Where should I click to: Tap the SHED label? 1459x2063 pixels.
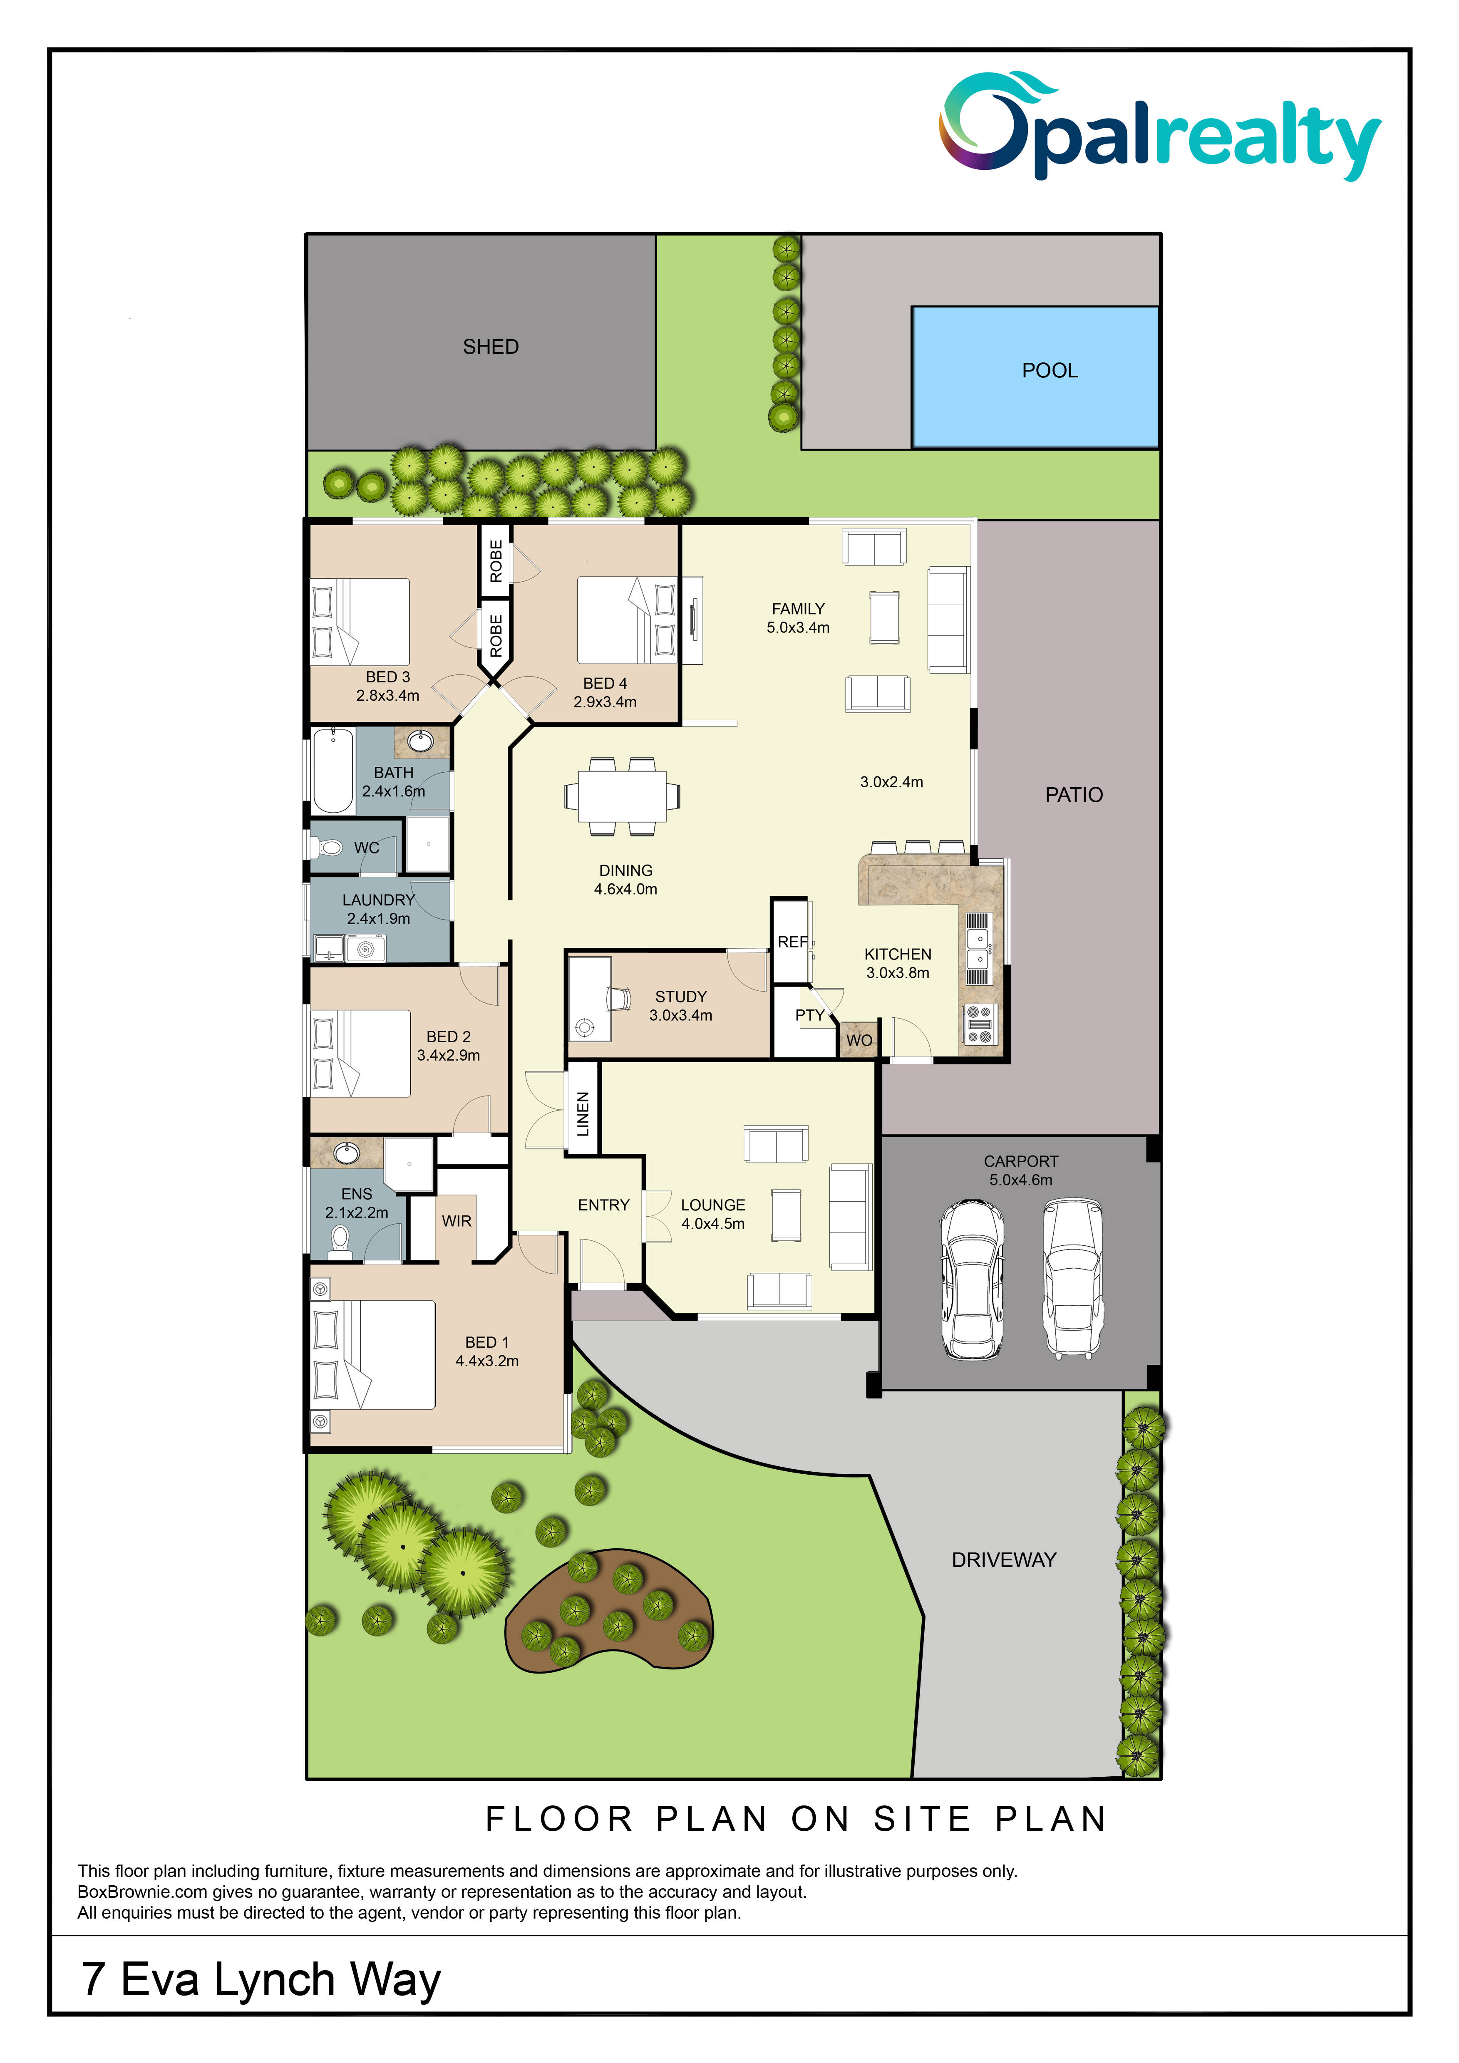coord(491,347)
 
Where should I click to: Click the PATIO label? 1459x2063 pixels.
coord(1074,794)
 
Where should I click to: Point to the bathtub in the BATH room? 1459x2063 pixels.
coord(332,771)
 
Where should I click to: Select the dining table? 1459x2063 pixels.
coord(622,796)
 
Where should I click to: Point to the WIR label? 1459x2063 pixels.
coord(457,1221)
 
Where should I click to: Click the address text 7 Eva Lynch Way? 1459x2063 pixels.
coord(261,1979)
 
